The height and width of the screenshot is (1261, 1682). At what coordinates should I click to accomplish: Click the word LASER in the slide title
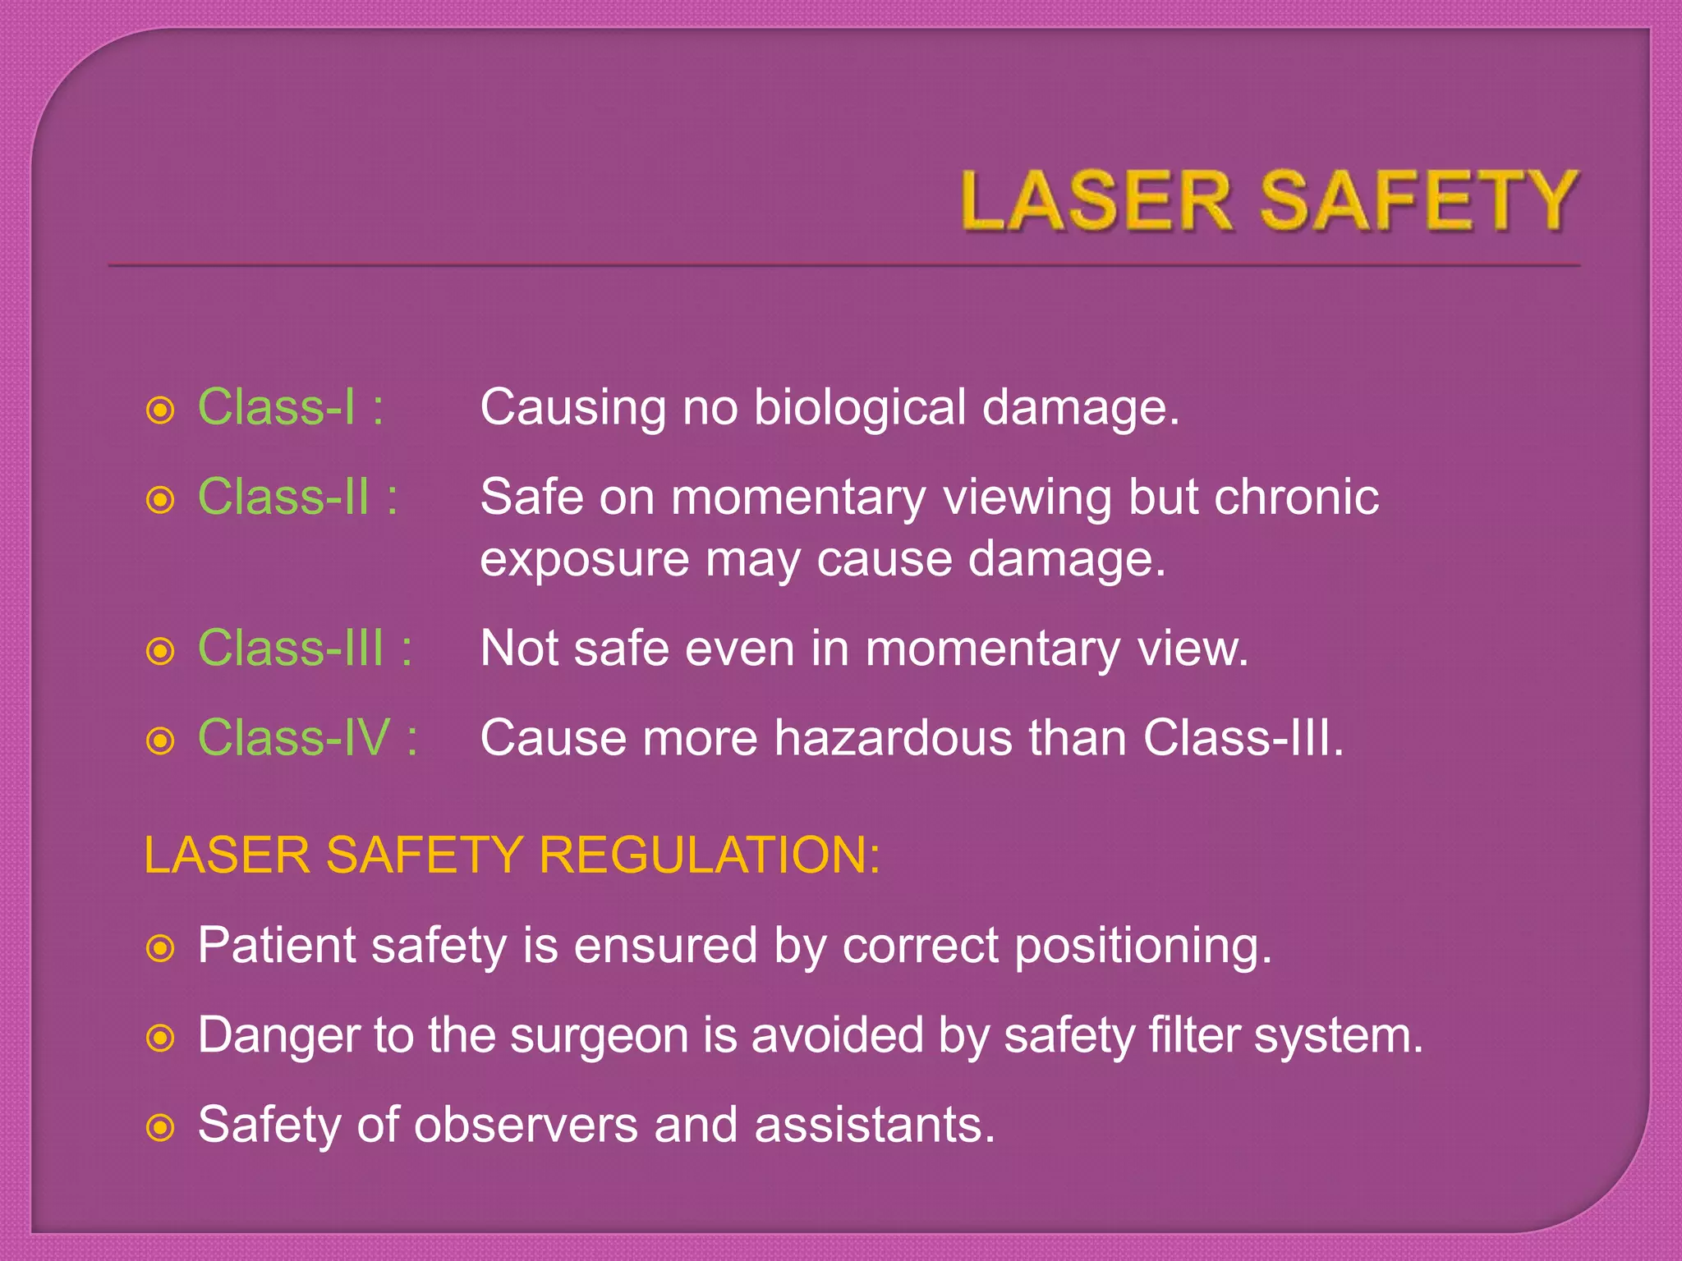(1096, 201)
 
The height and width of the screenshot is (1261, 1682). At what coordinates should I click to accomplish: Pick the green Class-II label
(284, 497)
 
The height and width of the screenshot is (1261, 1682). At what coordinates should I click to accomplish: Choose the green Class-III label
(292, 649)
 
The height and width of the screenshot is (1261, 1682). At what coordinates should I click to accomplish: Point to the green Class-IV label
(294, 737)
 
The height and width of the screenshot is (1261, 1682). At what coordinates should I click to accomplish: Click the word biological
(860, 408)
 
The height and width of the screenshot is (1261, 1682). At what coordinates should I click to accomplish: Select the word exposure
(584, 560)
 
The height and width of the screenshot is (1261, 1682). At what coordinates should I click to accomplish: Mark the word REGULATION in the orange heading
(710, 855)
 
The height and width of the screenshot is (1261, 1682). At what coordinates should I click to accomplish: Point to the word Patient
(276, 946)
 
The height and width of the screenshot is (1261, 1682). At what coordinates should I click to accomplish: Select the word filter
(1194, 1034)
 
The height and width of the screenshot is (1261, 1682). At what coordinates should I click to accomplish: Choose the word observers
(526, 1125)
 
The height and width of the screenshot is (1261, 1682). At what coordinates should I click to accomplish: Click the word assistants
(875, 1125)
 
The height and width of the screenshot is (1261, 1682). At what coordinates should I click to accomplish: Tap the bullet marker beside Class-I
(160, 410)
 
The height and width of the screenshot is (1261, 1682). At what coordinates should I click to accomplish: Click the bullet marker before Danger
(160, 1039)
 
